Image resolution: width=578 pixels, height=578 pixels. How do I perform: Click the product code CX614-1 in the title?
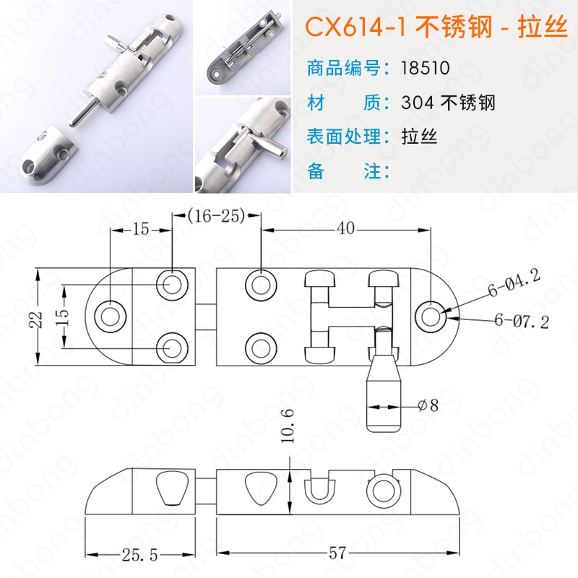(x=355, y=27)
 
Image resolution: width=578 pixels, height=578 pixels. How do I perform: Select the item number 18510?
(x=426, y=68)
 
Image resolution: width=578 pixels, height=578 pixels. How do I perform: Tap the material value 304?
(x=418, y=103)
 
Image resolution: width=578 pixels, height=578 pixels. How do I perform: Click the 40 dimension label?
(x=346, y=228)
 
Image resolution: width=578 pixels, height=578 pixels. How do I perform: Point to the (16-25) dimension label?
(x=216, y=216)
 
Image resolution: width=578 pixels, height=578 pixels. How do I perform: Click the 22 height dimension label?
(x=37, y=319)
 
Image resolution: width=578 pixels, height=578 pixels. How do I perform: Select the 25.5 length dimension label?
(x=139, y=555)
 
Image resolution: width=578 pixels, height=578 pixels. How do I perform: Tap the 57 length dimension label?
(x=337, y=553)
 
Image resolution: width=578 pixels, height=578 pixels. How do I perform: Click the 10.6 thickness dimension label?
(x=288, y=426)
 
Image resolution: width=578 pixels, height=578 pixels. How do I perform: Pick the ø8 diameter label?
(x=428, y=406)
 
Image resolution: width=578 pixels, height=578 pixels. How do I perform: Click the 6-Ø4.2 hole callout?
(x=514, y=282)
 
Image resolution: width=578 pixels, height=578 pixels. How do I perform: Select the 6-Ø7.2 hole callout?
(x=522, y=320)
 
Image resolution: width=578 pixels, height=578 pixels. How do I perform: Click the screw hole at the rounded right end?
(x=430, y=316)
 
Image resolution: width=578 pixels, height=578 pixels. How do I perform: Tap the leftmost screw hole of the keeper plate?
(x=111, y=316)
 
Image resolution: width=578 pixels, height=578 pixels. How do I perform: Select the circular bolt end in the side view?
(x=384, y=491)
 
